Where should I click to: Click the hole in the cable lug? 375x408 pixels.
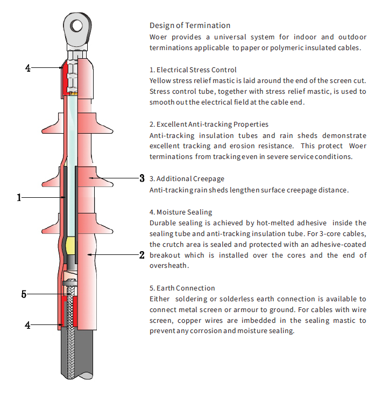(77, 25)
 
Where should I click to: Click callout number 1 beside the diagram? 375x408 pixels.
(19, 198)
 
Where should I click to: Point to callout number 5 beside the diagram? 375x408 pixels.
(24, 294)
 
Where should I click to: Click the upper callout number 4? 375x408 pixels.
(27, 68)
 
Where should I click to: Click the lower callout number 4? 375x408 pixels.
(27, 325)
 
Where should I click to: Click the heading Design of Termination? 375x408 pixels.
(190, 25)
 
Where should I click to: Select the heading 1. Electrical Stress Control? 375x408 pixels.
(193, 70)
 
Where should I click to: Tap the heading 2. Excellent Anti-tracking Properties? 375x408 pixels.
(209, 124)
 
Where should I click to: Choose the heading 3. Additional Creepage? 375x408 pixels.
(187, 178)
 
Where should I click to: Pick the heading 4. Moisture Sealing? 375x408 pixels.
(181, 212)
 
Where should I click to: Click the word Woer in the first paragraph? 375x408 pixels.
(158, 37)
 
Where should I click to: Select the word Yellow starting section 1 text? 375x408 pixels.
(160, 80)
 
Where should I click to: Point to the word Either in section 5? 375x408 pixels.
(159, 299)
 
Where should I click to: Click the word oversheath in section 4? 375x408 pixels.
(168, 266)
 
